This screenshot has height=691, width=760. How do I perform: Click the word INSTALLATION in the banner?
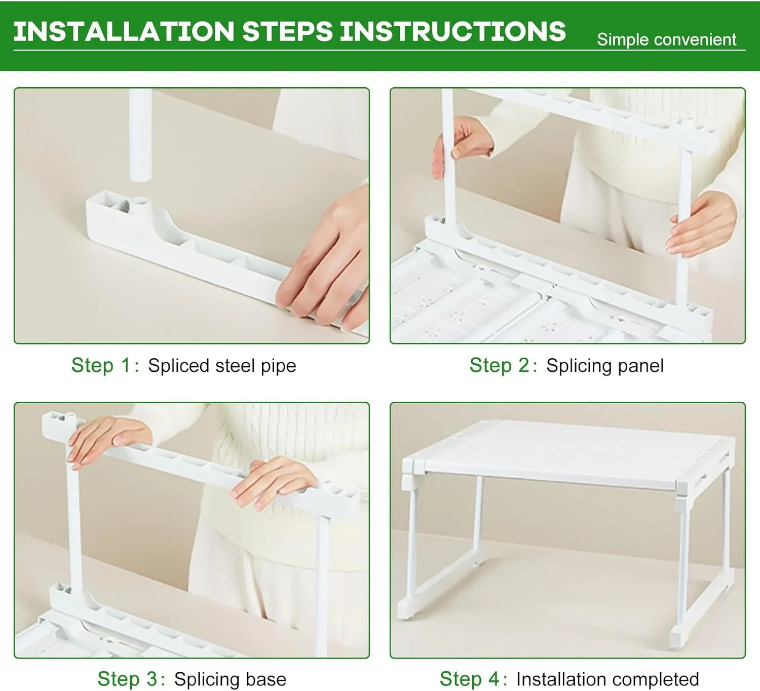tap(124, 31)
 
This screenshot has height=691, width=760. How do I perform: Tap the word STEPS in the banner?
tap(288, 31)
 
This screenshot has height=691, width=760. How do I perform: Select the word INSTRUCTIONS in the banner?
tap(453, 31)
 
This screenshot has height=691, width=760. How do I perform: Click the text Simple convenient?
tap(666, 40)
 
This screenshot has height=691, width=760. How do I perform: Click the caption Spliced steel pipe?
tap(222, 366)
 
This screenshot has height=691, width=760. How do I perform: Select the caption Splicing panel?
tap(604, 366)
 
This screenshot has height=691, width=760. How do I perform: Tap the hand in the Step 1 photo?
tap(326, 261)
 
